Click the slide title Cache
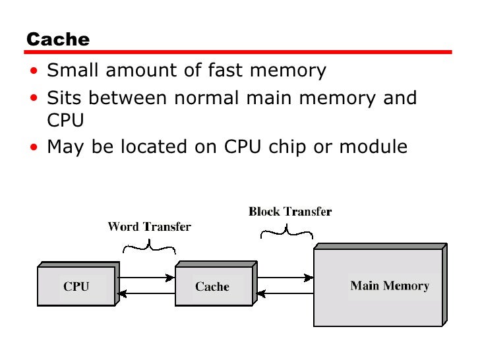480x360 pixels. [57, 40]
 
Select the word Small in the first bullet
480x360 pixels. [72, 70]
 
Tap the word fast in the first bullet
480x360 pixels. [243, 70]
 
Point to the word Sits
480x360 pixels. [65, 98]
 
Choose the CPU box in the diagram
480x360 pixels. [76, 285]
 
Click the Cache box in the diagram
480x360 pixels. [212, 285]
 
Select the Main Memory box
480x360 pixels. [389, 285]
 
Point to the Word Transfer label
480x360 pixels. [149, 227]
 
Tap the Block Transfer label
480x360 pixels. [289, 212]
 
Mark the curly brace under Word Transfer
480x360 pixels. [150, 247]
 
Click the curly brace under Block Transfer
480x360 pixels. [287, 231]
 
